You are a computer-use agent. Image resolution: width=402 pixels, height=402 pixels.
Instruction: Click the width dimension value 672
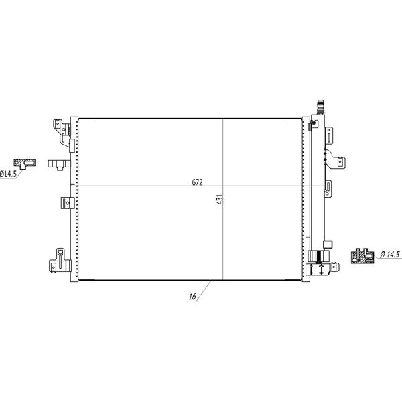[x=197, y=182]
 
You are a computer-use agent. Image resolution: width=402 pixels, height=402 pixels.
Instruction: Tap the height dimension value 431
[x=220, y=199]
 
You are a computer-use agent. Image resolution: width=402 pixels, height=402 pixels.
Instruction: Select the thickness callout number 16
[x=192, y=297]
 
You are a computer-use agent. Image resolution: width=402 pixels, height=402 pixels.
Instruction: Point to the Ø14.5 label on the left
[x=8, y=174]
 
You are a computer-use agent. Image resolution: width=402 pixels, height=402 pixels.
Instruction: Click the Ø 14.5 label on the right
[x=390, y=254]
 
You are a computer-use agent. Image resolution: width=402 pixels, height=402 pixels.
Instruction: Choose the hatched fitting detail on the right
[x=362, y=256]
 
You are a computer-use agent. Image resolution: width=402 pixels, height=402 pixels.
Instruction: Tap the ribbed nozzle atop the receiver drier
[x=321, y=107]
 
